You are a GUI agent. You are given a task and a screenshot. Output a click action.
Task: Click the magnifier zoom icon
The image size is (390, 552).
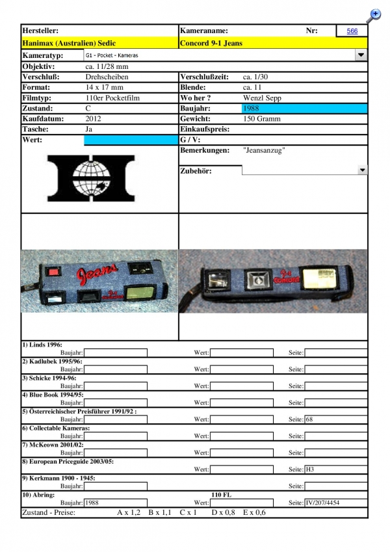pyautogui.click(x=374, y=14)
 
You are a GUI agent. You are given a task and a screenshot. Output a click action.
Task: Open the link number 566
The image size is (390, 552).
pyautogui.click(x=352, y=31)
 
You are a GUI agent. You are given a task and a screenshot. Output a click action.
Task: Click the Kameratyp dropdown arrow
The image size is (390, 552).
pyautogui.click(x=361, y=56)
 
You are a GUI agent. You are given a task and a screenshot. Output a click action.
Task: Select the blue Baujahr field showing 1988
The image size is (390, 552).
pyautogui.click(x=304, y=109)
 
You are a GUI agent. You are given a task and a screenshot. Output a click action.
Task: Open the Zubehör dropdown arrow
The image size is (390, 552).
pyautogui.click(x=362, y=170)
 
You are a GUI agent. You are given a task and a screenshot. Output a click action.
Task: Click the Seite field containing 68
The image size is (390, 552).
pyautogui.click(x=335, y=419)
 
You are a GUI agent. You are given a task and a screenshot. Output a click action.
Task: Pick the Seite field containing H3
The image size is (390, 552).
pyautogui.click(x=335, y=469)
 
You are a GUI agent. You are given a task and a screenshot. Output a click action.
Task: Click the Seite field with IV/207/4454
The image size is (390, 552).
pyautogui.click(x=335, y=503)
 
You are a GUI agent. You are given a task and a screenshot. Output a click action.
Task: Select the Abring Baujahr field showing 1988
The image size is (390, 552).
pyautogui.click(x=116, y=503)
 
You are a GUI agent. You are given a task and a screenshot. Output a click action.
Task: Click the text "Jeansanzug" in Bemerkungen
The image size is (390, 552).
pyautogui.click(x=264, y=150)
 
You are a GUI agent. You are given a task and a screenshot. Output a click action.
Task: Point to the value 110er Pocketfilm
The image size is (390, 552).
pyautogui.click(x=113, y=98)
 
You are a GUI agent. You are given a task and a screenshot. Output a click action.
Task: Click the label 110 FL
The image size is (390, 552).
pyautogui.click(x=222, y=495)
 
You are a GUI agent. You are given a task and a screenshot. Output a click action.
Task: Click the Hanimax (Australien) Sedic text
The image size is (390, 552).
pyautogui.click(x=69, y=43)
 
